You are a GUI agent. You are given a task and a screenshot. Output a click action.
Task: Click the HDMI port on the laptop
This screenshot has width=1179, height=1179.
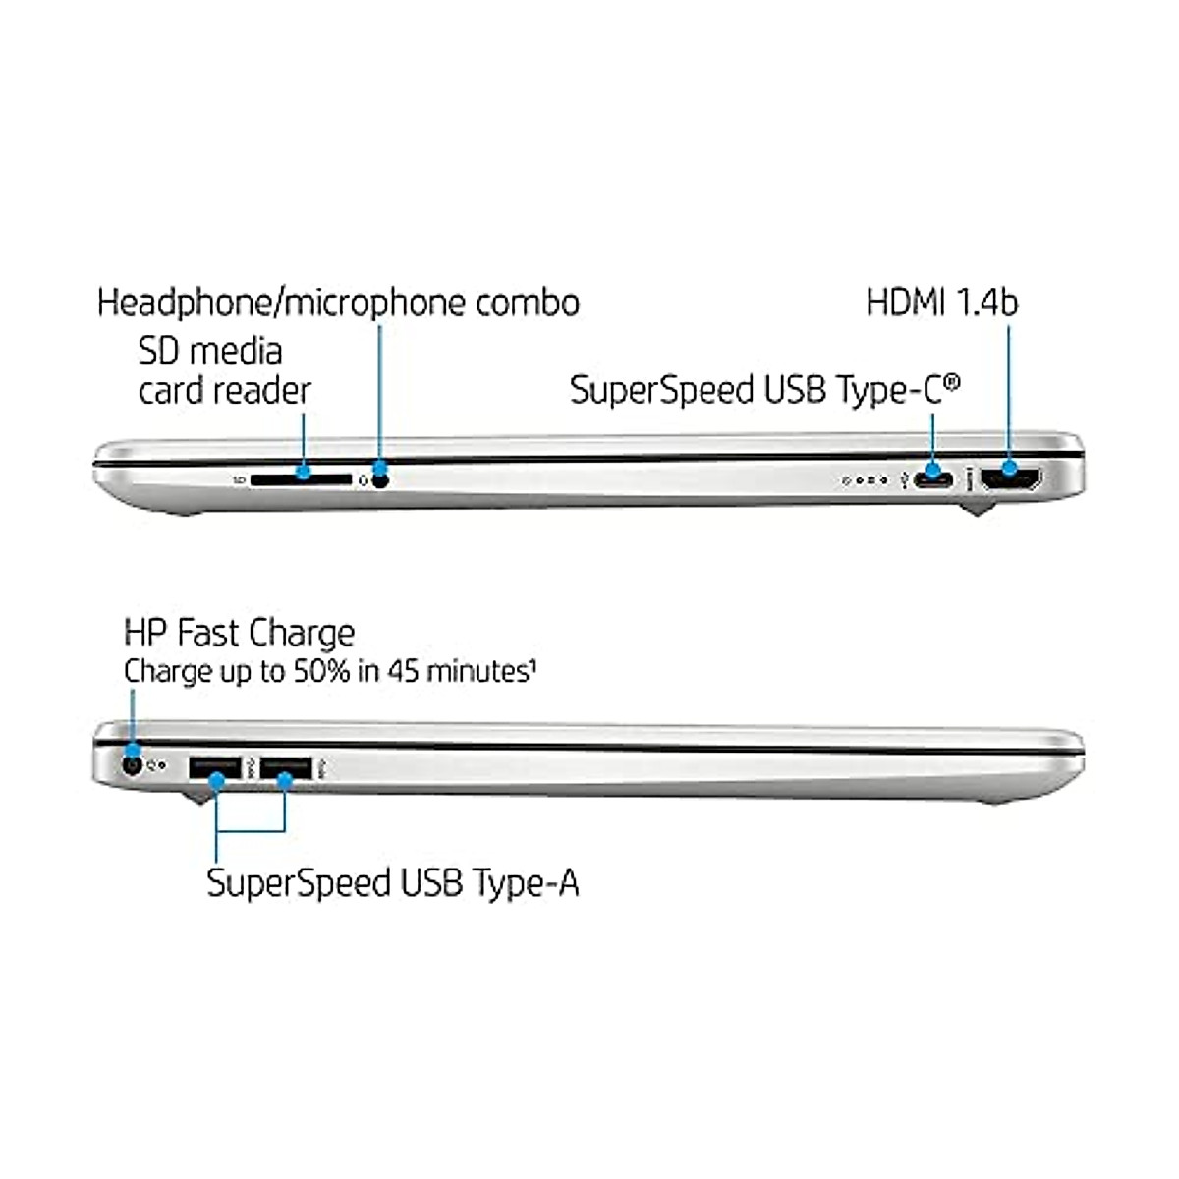pos(1011,480)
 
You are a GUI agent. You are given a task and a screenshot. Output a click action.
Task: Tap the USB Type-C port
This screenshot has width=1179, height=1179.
pos(932,480)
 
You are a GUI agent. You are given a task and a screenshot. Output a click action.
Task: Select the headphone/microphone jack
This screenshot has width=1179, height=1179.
pos(380,479)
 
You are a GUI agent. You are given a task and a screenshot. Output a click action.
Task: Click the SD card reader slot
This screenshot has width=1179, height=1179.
pos(301,479)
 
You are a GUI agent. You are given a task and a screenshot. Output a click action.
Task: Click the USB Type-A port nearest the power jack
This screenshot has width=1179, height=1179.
pos(215,767)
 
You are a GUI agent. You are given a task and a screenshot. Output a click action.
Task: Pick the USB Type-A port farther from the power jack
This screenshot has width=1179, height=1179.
pos(286,767)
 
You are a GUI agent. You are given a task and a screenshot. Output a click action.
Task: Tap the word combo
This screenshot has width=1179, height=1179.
pos(528,303)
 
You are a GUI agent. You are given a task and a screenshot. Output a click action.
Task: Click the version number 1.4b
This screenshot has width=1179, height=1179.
pos(982,303)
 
